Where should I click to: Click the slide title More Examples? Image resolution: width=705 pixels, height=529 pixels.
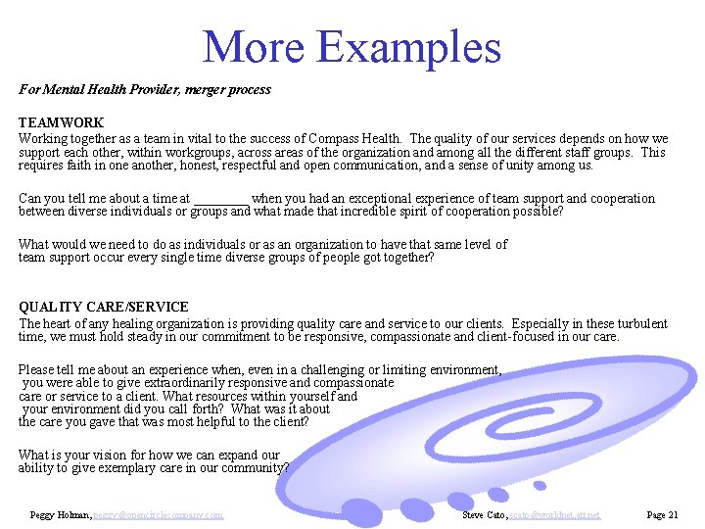tap(352, 47)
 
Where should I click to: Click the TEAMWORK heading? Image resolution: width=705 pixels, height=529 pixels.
tap(61, 123)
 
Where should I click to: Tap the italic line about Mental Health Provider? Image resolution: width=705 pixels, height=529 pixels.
tap(145, 90)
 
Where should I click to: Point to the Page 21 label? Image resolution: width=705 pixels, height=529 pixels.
tap(662, 514)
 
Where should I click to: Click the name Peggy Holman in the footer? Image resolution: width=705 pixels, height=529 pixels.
tap(61, 514)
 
